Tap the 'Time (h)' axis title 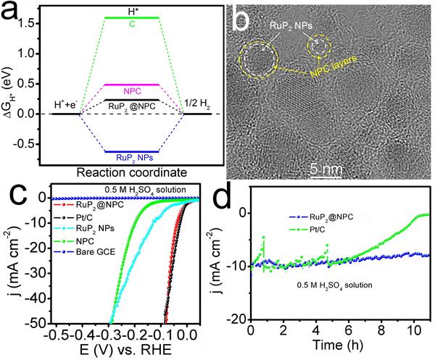tap(339, 347)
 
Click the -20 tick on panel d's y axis tap(239, 319)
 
